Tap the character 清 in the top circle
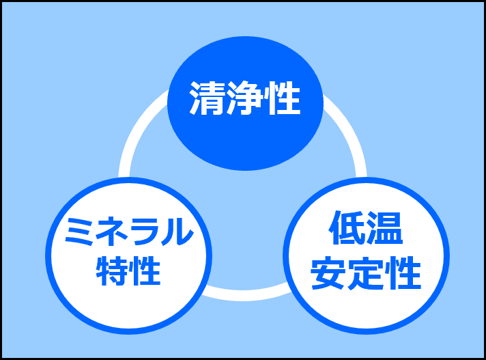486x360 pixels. pos(208,100)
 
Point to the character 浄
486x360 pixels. pos(244,100)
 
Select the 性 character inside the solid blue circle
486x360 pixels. pos(282,100)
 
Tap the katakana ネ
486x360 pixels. pos(111,233)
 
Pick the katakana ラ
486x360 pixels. pos(145,233)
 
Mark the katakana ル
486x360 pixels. pos(177,233)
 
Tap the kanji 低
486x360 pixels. pos(348,229)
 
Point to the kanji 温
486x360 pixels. pos(384,229)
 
